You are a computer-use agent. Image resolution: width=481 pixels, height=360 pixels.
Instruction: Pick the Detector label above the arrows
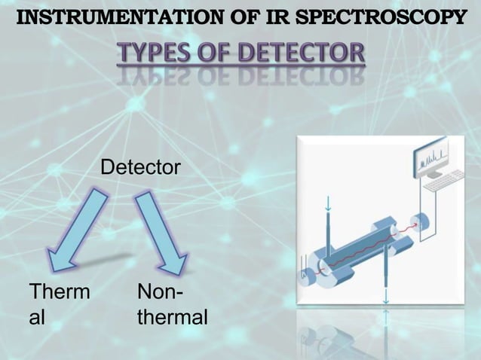click(140, 168)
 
